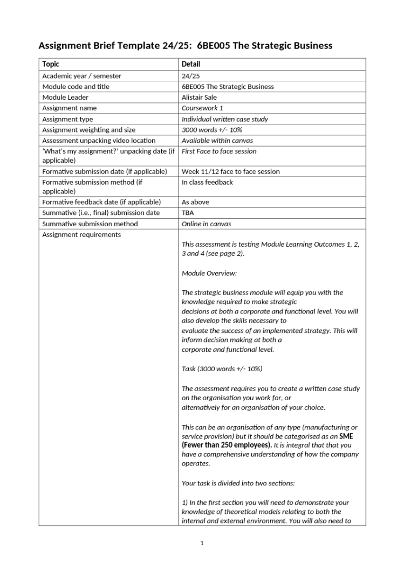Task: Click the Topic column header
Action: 51,64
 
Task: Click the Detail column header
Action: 190,64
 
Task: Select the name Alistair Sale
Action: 199,98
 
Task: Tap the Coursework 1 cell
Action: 202,108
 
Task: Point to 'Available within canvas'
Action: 217,141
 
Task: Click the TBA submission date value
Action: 188,213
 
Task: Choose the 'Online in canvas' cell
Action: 206,224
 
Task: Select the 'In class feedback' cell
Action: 207,182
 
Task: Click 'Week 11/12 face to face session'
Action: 230,171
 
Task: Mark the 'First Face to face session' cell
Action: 218,151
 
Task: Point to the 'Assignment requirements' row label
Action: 81,234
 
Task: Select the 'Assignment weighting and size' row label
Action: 89,130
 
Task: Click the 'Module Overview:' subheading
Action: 209,273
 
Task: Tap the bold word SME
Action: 346,436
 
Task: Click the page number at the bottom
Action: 202,543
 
